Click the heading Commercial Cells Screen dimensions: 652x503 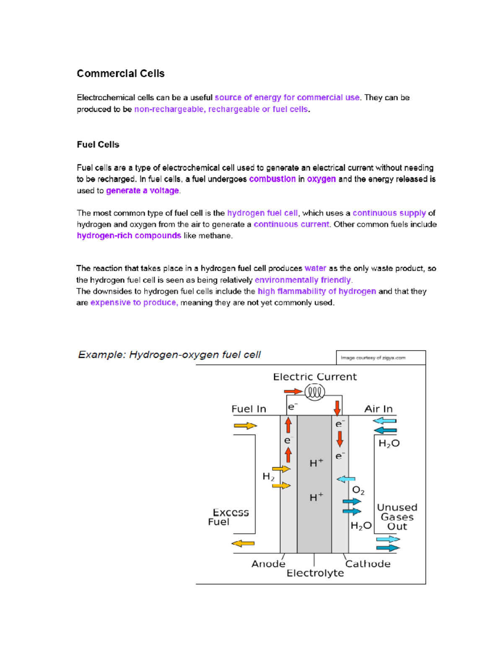(120, 73)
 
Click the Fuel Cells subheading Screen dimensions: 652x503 (98, 144)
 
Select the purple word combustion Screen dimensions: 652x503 (272, 179)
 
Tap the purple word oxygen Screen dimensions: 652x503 (321, 179)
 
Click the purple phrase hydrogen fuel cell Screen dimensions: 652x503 (262, 213)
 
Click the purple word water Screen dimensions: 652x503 (315, 268)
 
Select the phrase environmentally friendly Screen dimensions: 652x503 (303, 280)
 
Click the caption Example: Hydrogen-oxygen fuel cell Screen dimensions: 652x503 (169, 355)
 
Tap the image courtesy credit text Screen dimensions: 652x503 (373, 358)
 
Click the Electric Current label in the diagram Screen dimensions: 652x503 (315, 377)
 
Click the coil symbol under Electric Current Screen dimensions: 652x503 (314, 393)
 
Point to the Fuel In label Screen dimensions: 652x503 (249, 409)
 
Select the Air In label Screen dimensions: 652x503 (378, 409)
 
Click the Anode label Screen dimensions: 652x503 (268, 564)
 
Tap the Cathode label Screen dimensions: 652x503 (368, 564)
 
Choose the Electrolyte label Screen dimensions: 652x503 (315, 573)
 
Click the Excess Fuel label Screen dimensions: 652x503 (228, 517)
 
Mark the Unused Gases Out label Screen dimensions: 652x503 (397, 517)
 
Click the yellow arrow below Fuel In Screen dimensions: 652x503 (245, 426)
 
